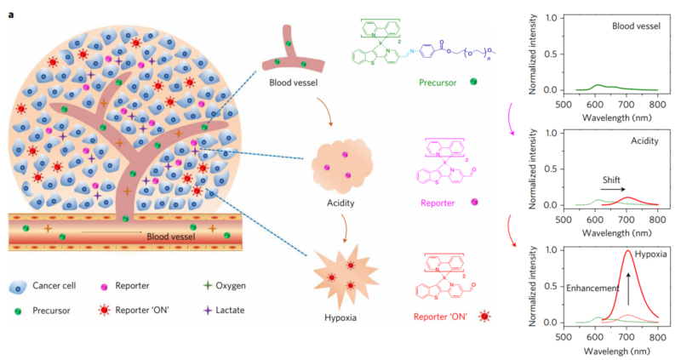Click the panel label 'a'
coord(11,8)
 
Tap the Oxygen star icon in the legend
coord(209,288)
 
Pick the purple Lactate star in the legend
coord(209,311)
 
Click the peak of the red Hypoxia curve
coord(627,251)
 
